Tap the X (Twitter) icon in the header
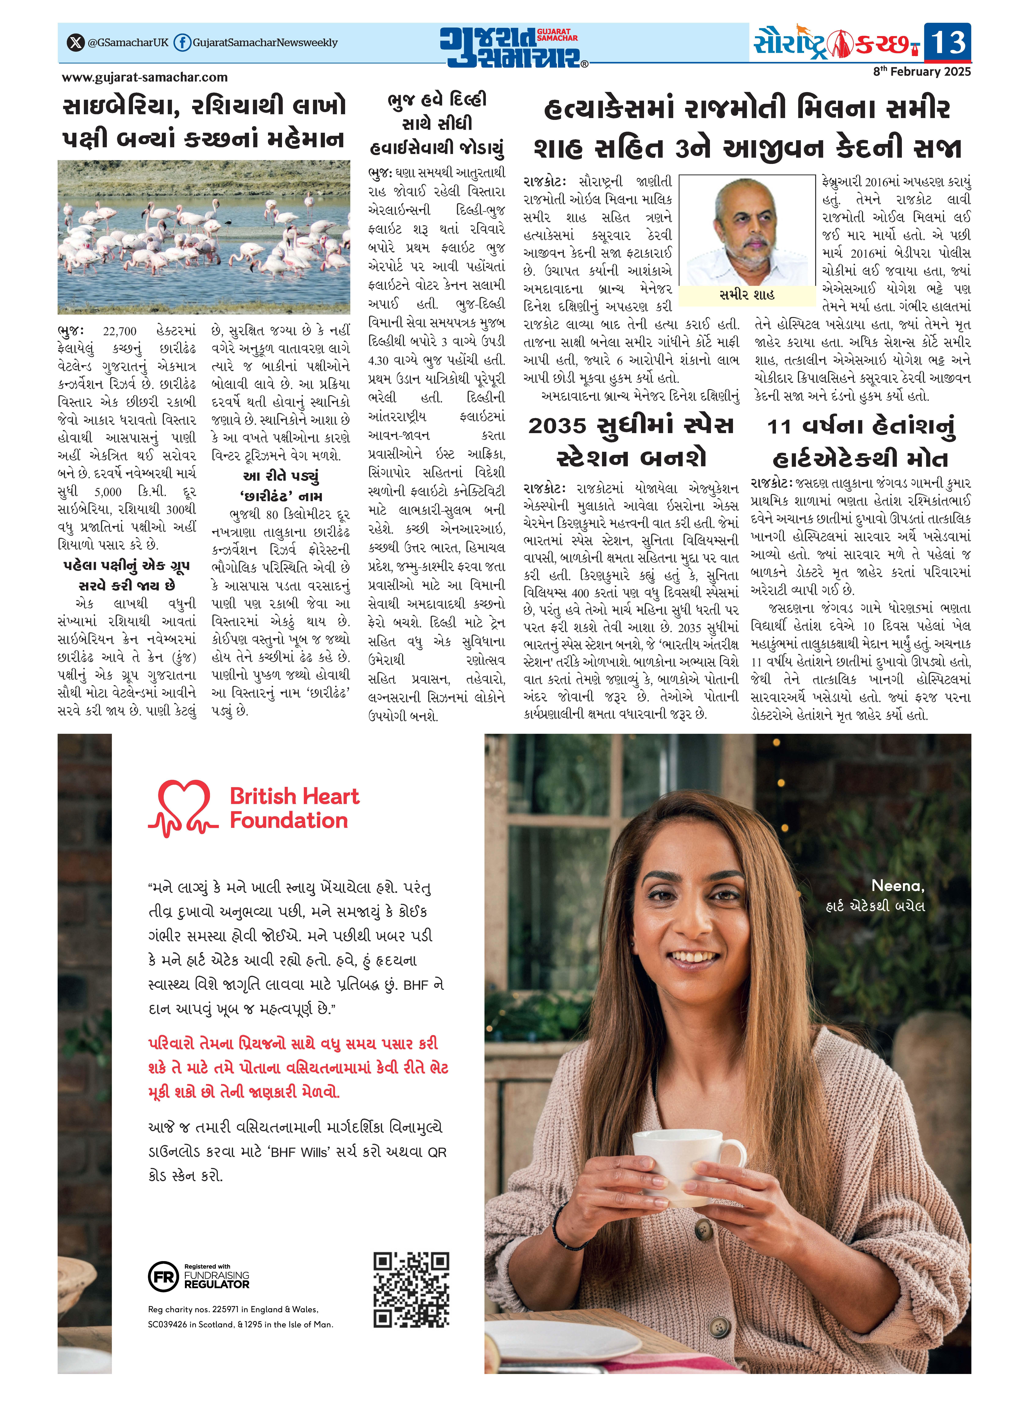(75, 42)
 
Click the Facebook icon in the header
(182, 42)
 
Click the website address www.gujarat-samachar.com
(145, 77)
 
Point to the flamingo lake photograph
(204, 237)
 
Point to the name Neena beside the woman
(897, 885)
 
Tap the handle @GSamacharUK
(128, 42)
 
